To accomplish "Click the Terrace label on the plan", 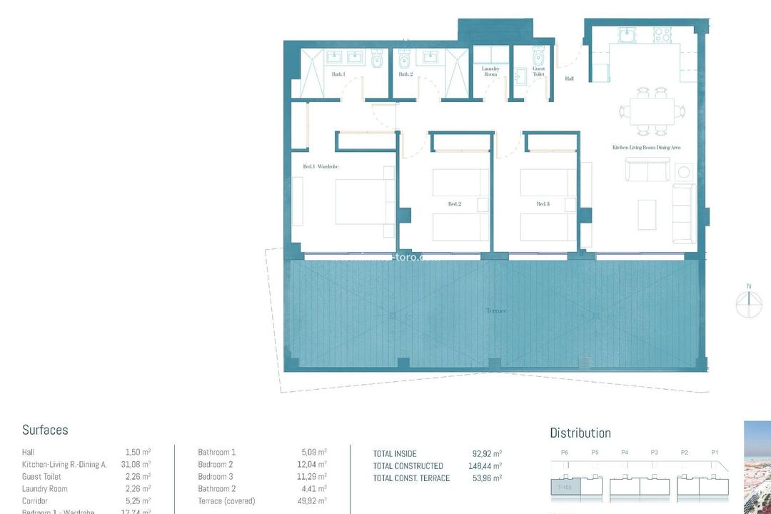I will tap(496, 311).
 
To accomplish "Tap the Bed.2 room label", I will tap(454, 204).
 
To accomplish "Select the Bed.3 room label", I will tap(543, 204).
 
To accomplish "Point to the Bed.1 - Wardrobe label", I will tap(321, 166).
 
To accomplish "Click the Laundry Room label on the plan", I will tap(490, 71).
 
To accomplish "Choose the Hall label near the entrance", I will tap(569, 79).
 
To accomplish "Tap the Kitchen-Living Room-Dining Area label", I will tap(646, 147).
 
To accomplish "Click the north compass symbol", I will tap(749, 303).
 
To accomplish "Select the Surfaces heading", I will tap(45, 430).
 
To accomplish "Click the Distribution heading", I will tap(580, 433).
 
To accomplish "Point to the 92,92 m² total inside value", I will tap(487, 453).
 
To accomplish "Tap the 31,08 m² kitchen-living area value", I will tap(136, 464).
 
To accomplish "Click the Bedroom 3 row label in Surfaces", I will tap(216, 476).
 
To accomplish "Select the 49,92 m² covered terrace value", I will tap(312, 500).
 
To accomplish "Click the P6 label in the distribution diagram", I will tap(565, 452).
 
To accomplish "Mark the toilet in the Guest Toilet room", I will tap(538, 55).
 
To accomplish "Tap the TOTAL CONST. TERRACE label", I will tap(411, 478).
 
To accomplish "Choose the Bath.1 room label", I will tap(338, 74).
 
